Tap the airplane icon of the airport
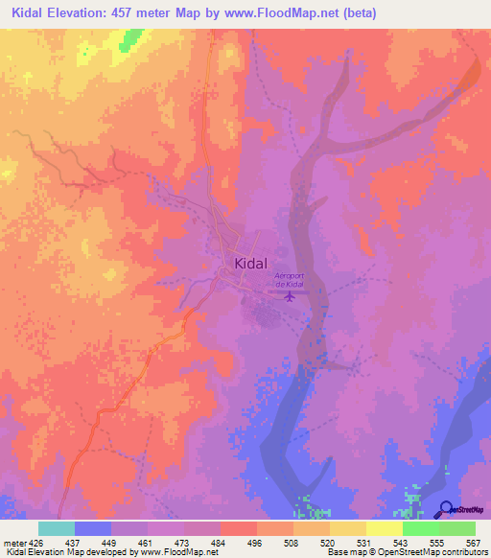click(x=290, y=296)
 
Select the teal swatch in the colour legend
click(x=57, y=528)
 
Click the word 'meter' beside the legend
click(x=14, y=541)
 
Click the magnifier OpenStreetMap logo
click(x=446, y=509)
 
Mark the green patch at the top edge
click(x=130, y=39)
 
